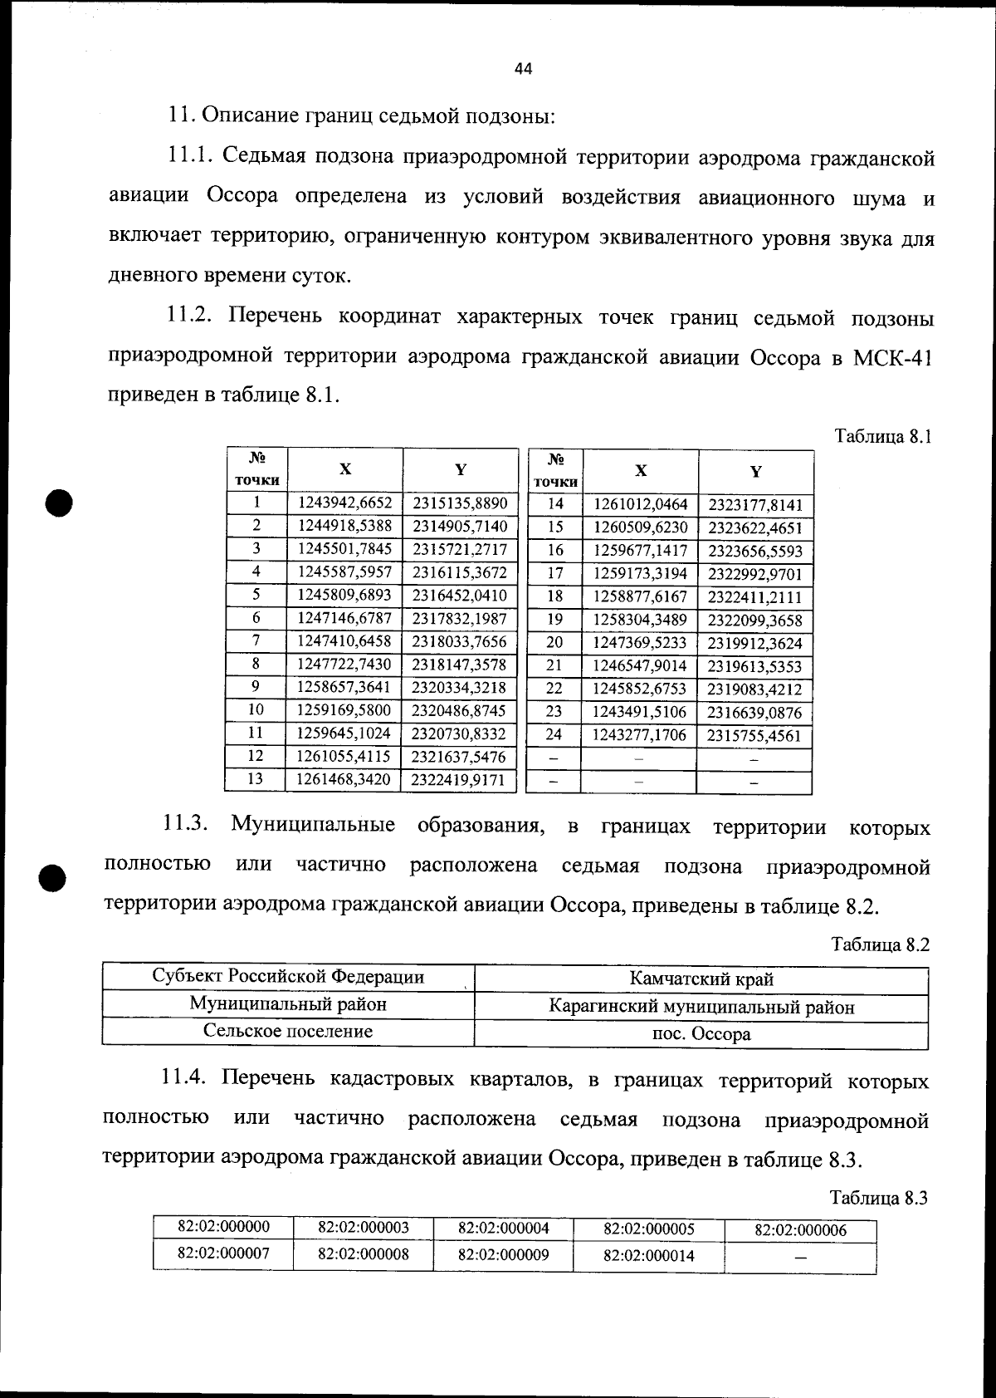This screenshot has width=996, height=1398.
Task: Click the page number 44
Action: point(523,69)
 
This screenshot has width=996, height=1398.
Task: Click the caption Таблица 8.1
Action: point(883,437)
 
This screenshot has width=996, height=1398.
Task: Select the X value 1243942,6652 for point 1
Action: point(344,503)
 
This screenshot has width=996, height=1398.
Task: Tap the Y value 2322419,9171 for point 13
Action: point(459,780)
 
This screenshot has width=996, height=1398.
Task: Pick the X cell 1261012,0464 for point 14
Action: point(640,504)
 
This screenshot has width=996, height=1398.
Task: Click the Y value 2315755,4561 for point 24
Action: point(754,735)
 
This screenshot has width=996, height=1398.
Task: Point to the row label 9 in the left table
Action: point(256,687)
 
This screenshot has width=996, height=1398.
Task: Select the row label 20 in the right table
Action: point(554,642)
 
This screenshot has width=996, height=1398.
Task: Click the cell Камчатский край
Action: point(701,979)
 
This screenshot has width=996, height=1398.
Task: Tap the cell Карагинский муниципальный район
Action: point(701,1008)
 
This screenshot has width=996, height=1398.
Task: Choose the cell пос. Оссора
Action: point(701,1035)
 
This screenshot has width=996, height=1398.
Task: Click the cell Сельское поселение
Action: point(288,1032)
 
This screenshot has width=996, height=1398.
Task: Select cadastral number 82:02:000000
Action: point(224,1227)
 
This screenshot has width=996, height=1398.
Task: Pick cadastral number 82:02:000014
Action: point(648,1256)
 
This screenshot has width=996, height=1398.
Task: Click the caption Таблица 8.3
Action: point(879,1198)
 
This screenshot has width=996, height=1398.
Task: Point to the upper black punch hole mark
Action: point(59,502)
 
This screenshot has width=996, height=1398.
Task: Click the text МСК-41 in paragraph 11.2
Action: point(892,358)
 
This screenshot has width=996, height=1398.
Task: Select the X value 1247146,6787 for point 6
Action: point(344,618)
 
